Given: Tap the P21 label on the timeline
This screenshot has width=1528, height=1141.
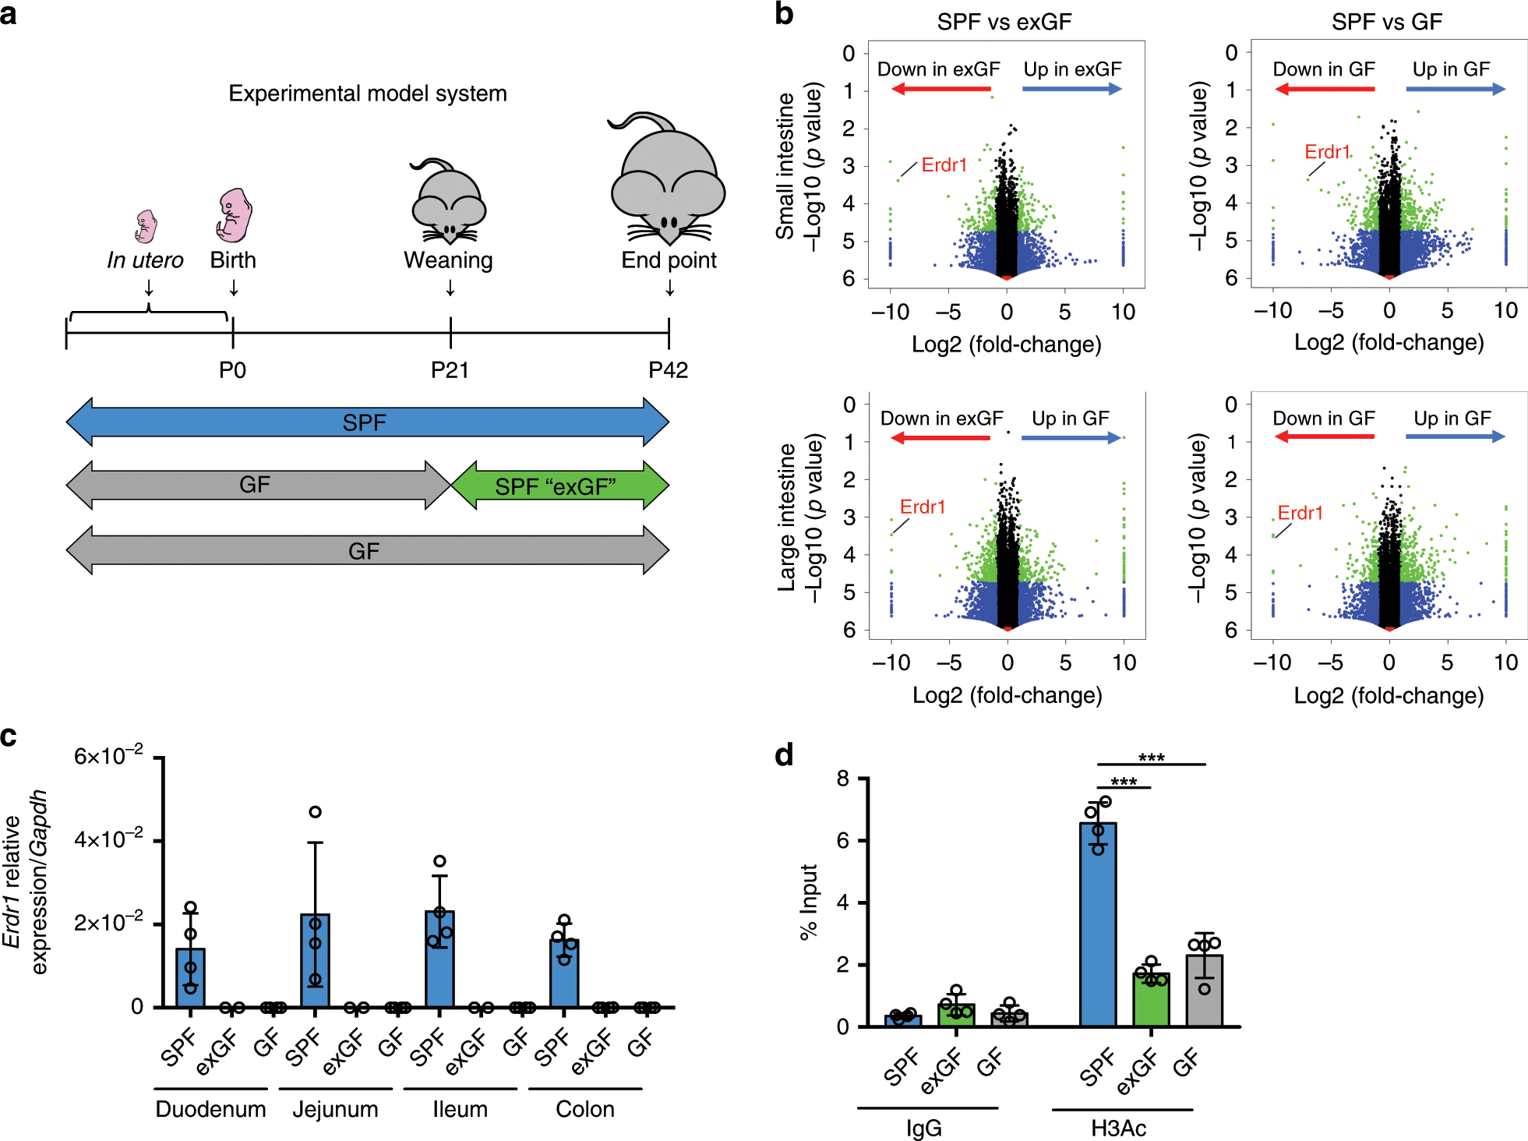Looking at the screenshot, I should pyautogui.click(x=450, y=369).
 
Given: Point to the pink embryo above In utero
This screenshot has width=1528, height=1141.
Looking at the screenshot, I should pyautogui.click(x=146, y=226).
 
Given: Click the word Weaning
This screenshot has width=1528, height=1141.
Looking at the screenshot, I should pyautogui.click(x=448, y=260).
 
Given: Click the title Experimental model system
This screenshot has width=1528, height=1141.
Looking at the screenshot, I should pyautogui.click(x=367, y=94).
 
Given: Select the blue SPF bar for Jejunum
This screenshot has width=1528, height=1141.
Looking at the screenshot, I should pyautogui.click(x=315, y=960).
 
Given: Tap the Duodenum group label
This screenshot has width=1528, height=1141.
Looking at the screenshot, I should pyautogui.click(x=210, y=1108).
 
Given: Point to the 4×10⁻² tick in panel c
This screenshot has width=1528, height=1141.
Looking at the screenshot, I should pyautogui.click(x=108, y=840).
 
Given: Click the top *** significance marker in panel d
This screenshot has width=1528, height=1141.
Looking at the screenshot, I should pyautogui.click(x=1151, y=758).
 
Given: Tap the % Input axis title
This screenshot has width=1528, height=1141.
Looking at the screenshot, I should pyautogui.click(x=809, y=902).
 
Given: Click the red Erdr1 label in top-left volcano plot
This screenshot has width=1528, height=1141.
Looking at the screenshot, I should pyautogui.click(x=944, y=165).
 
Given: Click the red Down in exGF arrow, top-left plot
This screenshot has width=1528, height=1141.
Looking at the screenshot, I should pyautogui.click(x=940, y=89).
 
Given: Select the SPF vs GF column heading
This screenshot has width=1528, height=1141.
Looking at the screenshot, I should pyautogui.click(x=1386, y=22).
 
